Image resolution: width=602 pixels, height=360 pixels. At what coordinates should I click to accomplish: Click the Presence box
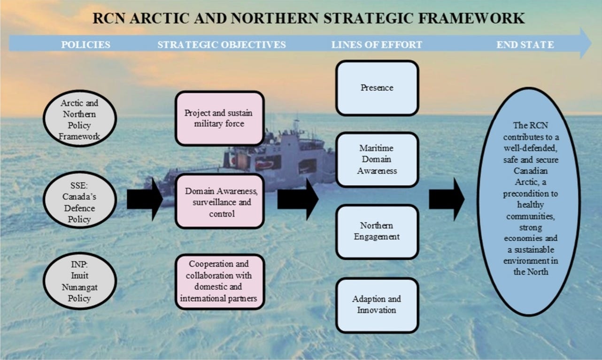(x=377, y=88)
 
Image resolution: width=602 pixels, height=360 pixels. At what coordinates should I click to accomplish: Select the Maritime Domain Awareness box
(x=377, y=160)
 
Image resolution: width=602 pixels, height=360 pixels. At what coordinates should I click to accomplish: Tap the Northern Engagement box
(x=377, y=231)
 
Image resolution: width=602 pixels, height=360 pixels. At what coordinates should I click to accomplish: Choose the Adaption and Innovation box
(x=377, y=305)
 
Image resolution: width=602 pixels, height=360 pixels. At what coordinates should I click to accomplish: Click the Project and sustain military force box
(x=219, y=118)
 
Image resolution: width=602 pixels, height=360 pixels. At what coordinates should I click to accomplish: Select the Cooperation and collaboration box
(x=219, y=281)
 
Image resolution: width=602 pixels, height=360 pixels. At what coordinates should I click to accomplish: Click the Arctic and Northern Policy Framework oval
(x=79, y=120)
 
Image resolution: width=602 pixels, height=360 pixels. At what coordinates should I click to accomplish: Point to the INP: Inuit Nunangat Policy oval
(x=79, y=280)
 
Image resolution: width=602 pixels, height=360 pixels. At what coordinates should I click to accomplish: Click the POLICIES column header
(x=85, y=45)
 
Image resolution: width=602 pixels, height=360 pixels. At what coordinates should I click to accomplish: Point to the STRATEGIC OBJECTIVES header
(x=222, y=45)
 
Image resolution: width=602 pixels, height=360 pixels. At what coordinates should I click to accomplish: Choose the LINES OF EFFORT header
(x=377, y=45)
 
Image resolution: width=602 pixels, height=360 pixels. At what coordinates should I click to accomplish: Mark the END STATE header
(x=525, y=45)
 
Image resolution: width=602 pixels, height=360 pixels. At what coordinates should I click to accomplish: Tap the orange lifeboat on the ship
(x=264, y=165)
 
